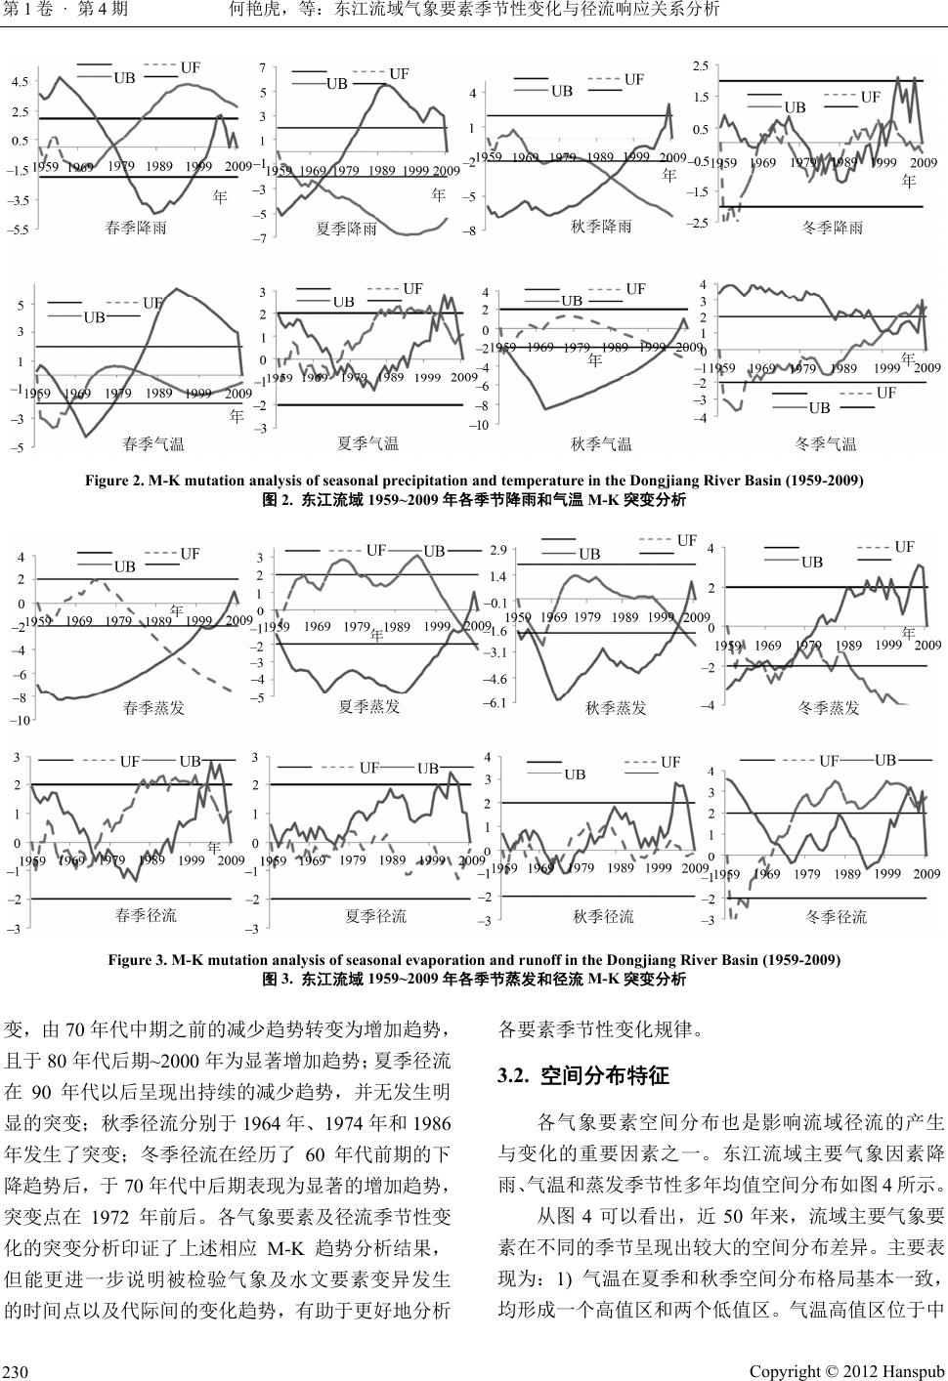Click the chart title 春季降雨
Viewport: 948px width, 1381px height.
coord(136,228)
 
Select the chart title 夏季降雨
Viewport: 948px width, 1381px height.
coord(346,230)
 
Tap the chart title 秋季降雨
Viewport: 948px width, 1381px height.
coord(601,226)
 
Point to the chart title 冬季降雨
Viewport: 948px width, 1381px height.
coord(832,228)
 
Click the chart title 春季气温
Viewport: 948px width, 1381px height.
coord(153,445)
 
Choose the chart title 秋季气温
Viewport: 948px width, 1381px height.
coord(601,445)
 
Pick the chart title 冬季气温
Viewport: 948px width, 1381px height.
coord(826,445)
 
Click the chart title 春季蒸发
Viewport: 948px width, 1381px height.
coord(153,707)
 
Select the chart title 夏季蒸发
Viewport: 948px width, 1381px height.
coord(368,707)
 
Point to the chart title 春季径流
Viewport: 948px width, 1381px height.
coord(146,915)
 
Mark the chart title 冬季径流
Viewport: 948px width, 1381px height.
coord(836,916)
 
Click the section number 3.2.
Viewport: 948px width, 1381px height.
coord(515,1076)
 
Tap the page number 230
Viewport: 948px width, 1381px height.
coord(18,1371)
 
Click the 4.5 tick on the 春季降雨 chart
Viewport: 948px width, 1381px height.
coord(21,84)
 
